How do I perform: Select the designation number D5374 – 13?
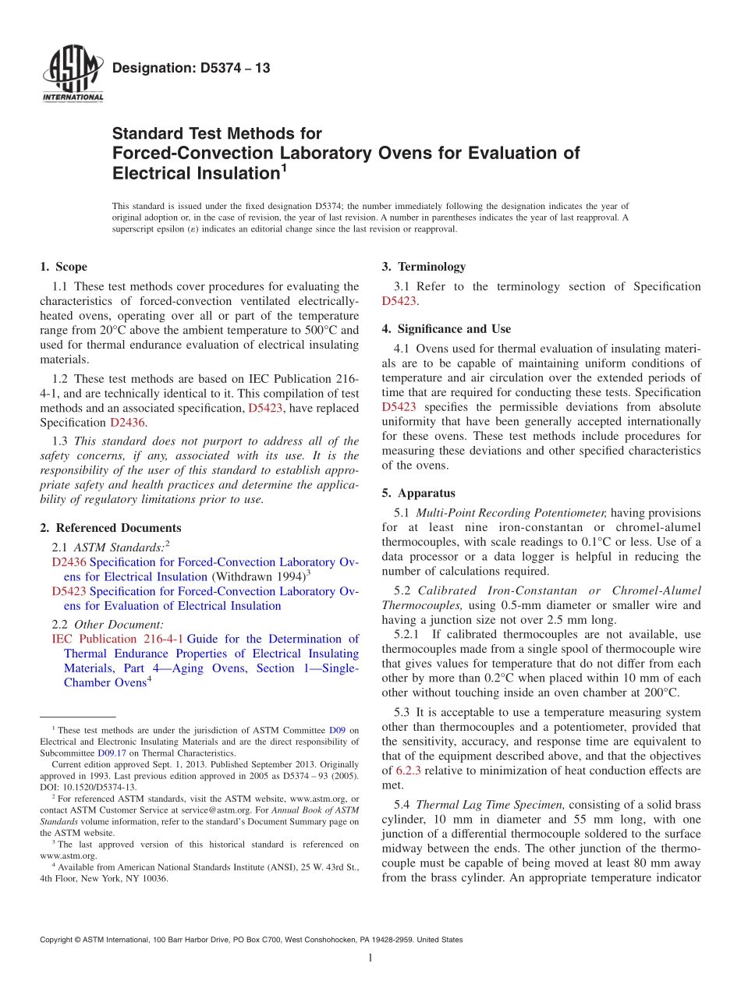pos(191,68)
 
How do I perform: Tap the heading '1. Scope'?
pos(63,267)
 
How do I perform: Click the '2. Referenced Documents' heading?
pos(110,528)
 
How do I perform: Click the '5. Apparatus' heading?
pos(418,493)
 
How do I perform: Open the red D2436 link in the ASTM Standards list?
pos(69,562)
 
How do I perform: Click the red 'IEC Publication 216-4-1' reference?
pos(117,639)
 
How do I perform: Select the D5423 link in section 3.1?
pos(399,301)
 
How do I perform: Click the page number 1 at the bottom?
pos(370,958)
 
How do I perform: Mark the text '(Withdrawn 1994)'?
pos(257,577)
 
